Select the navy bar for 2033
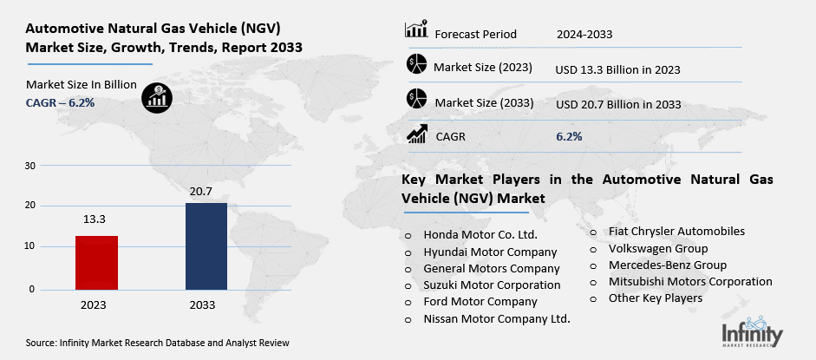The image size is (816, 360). [x=206, y=245]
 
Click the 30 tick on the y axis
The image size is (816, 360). [x=30, y=165]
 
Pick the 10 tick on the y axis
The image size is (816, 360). [x=30, y=247]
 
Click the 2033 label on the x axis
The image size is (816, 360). [x=206, y=305]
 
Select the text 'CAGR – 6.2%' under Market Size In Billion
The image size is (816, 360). [x=60, y=102]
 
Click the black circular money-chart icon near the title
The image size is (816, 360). [x=156, y=95]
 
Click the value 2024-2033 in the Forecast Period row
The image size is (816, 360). [x=584, y=35]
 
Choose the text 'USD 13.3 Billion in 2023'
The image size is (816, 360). [x=617, y=69]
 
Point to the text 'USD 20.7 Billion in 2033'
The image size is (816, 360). [x=617, y=104]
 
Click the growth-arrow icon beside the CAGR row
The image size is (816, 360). [x=417, y=134]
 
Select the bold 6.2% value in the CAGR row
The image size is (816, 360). [x=569, y=136]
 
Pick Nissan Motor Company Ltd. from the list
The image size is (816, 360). [x=497, y=318]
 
